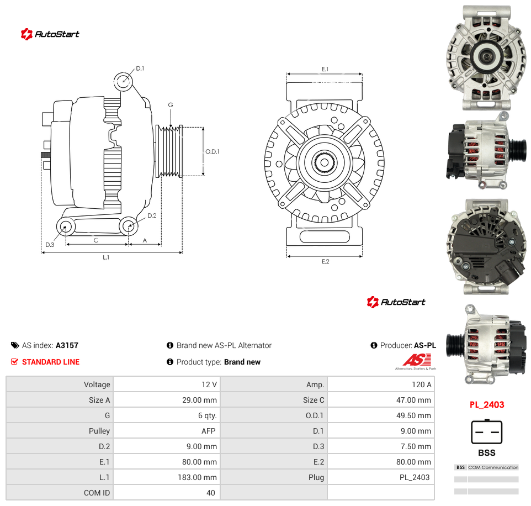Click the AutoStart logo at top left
click(x=50, y=34)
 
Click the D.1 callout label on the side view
click(x=140, y=68)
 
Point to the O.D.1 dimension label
click(x=213, y=151)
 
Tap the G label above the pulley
click(x=171, y=105)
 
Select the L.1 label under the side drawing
click(x=106, y=257)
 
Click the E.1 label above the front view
click(x=325, y=69)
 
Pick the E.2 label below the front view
click(x=325, y=261)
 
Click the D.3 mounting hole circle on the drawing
click(x=66, y=226)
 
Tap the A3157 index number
click(x=67, y=345)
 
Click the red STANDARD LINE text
click(x=51, y=362)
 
